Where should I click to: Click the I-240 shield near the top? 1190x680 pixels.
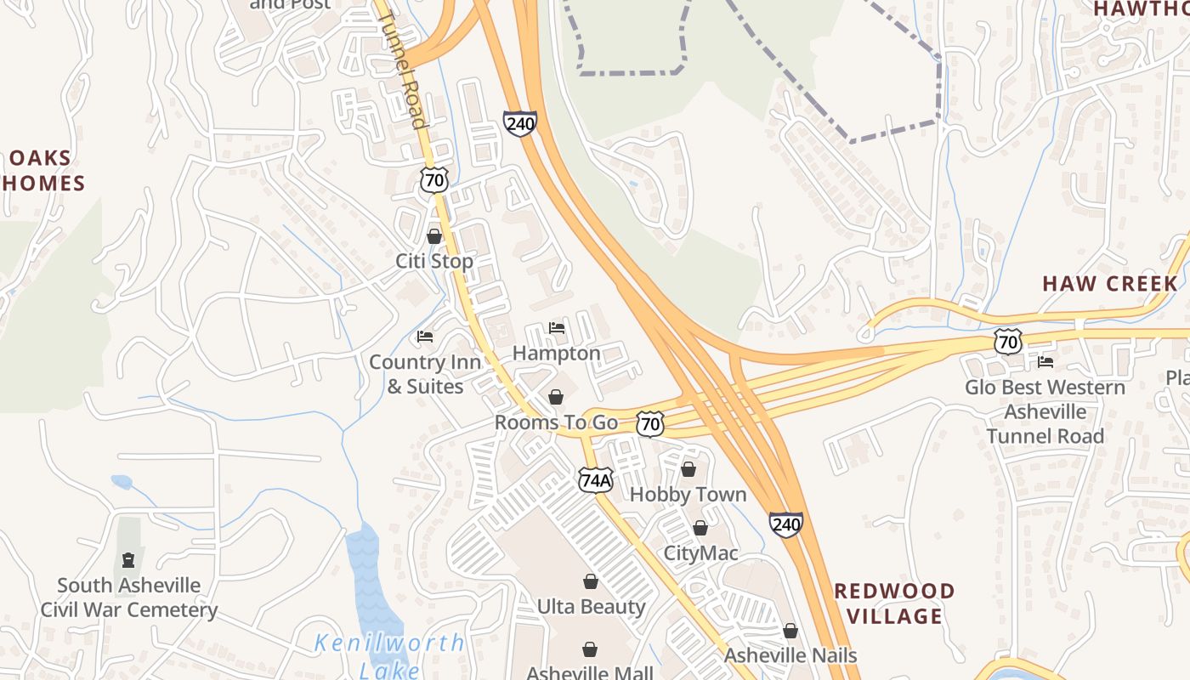click(519, 123)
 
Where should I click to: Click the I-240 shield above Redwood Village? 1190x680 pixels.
click(786, 524)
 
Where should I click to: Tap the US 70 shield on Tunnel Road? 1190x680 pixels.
click(433, 179)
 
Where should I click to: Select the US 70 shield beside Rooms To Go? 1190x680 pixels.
click(650, 422)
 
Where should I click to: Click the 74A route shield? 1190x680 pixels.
click(595, 480)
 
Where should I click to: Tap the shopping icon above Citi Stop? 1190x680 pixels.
click(433, 236)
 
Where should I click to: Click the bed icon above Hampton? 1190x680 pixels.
click(557, 328)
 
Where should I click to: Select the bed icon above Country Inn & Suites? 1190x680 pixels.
click(425, 337)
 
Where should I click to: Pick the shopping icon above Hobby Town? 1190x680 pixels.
click(688, 469)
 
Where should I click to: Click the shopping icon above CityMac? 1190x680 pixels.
click(700, 528)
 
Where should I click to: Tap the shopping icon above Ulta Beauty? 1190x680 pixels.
click(590, 581)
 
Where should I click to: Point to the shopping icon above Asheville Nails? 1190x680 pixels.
click(790, 631)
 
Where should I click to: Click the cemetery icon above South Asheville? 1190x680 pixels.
click(128, 560)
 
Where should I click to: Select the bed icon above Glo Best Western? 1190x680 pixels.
click(1045, 362)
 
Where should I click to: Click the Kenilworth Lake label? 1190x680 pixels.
click(389, 655)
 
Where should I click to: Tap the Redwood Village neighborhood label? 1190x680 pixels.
click(894, 603)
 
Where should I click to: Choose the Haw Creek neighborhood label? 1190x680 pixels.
click(1110, 284)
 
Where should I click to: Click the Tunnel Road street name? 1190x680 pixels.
click(401, 68)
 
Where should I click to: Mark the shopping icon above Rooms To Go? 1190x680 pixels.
click(555, 397)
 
